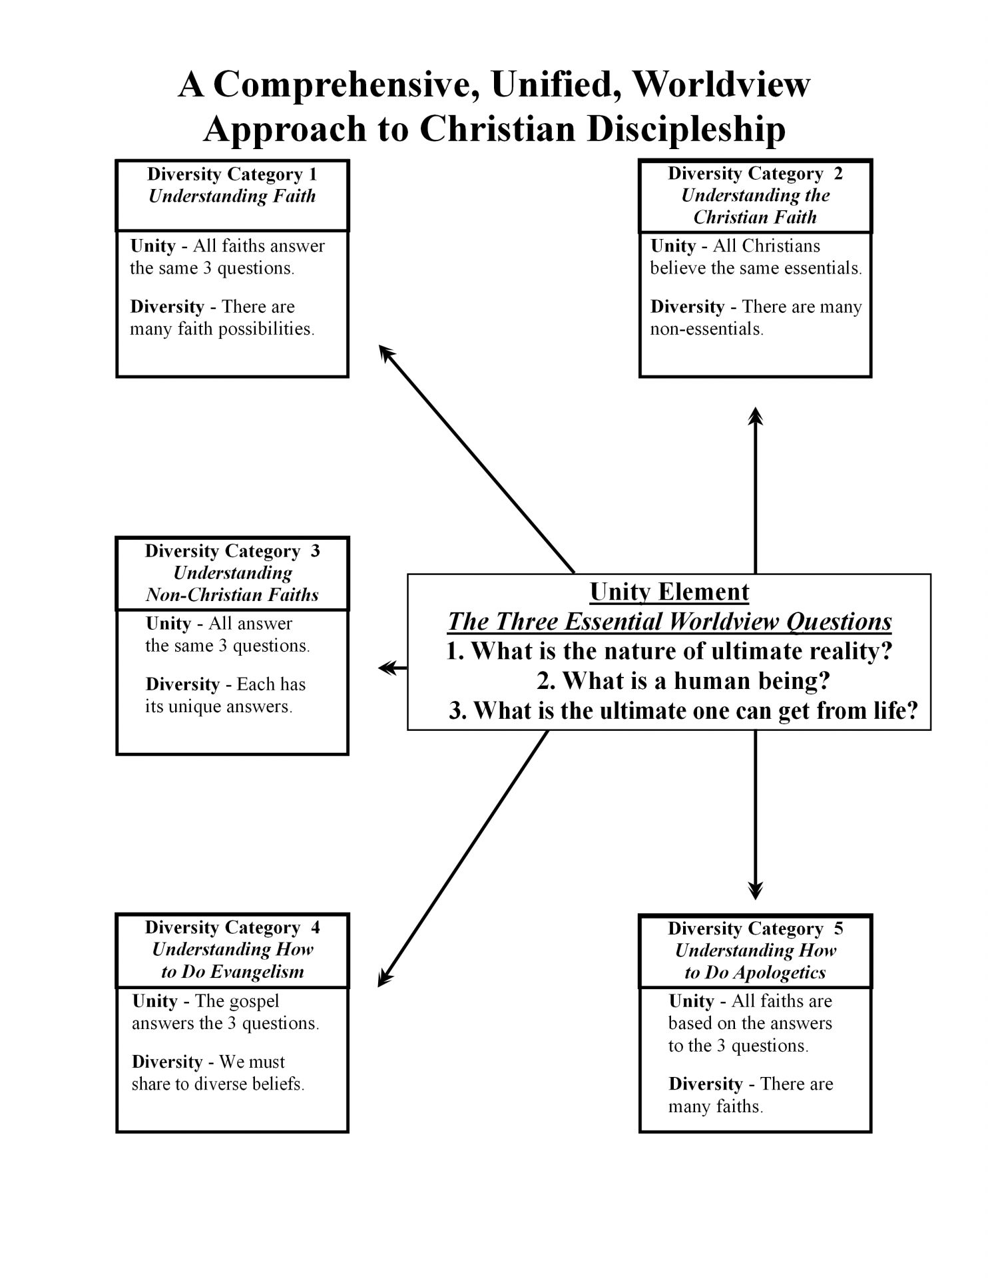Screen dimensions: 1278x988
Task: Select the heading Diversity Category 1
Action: click(232, 174)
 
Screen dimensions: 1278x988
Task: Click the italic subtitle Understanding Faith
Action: click(232, 196)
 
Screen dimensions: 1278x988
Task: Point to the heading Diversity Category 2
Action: click(755, 174)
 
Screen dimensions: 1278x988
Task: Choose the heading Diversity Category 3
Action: click(232, 551)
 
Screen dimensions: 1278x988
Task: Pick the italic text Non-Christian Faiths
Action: click(232, 595)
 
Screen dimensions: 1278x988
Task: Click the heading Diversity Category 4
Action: click(232, 928)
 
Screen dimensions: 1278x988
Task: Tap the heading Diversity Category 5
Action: click(755, 929)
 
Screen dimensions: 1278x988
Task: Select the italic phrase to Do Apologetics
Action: click(755, 972)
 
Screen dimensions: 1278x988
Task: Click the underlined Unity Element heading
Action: click(669, 592)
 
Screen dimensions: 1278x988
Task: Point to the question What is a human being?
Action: click(683, 680)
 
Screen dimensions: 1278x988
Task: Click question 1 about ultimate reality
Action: click(669, 650)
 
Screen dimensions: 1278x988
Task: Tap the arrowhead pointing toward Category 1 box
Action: click(385, 351)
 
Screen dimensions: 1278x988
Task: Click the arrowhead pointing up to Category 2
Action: click(755, 415)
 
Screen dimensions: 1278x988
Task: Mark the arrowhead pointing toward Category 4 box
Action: click(384, 979)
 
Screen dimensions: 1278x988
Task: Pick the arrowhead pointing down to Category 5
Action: click(755, 891)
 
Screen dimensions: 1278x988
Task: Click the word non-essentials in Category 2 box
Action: click(706, 329)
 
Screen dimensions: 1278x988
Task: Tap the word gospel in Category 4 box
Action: click(253, 1001)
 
